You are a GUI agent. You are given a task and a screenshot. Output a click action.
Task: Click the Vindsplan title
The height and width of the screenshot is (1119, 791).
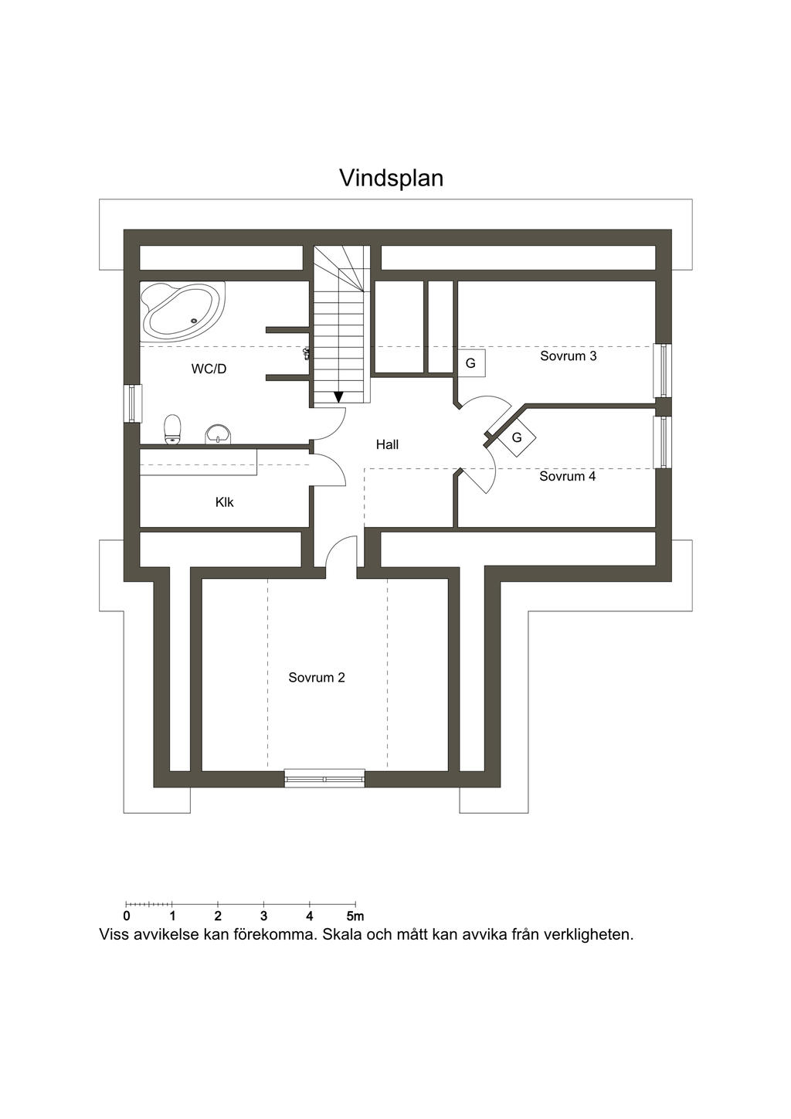pyautogui.click(x=391, y=178)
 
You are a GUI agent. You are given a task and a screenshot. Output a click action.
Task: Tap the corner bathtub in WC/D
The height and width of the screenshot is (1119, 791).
pyautogui.click(x=182, y=311)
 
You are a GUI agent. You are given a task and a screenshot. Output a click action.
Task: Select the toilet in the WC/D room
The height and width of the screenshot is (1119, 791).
pyautogui.click(x=173, y=430)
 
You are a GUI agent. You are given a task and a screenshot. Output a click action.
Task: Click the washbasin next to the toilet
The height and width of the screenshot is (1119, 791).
pyautogui.click(x=219, y=434)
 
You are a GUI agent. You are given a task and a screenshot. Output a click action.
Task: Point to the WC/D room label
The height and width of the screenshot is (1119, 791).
pyautogui.click(x=209, y=369)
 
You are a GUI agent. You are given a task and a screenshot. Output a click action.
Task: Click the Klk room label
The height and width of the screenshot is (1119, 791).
pyautogui.click(x=224, y=502)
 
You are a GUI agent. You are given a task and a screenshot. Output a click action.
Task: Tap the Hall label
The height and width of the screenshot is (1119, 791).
pyautogui.click(x=387, y=444)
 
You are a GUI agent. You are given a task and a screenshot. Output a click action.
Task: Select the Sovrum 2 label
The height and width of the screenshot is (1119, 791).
pyautogui.click(x=317, y=678)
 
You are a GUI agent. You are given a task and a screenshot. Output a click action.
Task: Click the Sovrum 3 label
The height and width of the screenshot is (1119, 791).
pyautogui.click(x=568, y=356)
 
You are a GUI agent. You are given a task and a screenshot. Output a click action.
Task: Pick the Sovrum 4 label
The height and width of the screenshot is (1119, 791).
pyautogui.click(x=567, y=476)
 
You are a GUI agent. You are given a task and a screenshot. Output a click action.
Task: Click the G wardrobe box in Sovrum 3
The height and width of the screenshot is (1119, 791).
pyautogui.click(x=470, y=363)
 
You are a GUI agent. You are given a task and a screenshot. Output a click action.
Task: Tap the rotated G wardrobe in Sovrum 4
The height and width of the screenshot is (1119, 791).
pyautogui.click(x=517, y=437)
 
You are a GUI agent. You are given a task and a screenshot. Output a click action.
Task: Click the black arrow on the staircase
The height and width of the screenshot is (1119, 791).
pyautogui.click(x=338, y=396)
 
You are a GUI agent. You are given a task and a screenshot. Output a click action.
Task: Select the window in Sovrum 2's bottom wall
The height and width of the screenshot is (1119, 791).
pyautogui.click(x=324, y=778)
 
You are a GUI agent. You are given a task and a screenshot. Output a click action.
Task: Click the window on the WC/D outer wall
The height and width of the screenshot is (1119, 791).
pyautogui.click(x=132, y=403)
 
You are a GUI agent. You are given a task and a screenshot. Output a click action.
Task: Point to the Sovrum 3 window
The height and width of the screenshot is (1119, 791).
pyautogui.click(x=663, y=370)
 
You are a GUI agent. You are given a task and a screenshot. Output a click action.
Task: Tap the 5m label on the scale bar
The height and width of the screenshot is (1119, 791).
pyautogui.click(x=355, y=917)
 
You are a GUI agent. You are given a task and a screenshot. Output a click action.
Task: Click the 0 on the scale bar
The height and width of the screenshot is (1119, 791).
pyautogui.click(x=126, y=917)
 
